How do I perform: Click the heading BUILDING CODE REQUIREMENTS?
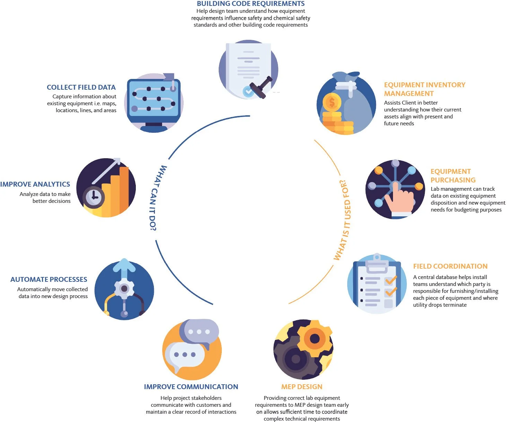pos(251,4)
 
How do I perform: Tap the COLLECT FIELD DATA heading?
pos(81,87)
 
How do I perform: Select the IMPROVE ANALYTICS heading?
pos(35,184)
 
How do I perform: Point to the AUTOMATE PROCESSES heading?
pos(49,279)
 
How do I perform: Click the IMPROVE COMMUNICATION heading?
pos(191,387)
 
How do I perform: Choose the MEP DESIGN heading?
pos(301,387)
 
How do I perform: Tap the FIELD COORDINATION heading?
pos(450,266)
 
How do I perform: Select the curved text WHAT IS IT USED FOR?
pos(343,220)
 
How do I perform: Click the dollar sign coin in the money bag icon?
pos(332,102)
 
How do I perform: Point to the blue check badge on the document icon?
pos(248,91)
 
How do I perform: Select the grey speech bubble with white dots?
pos(199,332)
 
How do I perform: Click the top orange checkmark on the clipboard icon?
pos(391,280)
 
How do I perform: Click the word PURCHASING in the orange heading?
pos(453,180)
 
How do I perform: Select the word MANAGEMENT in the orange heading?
pos(409,93)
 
